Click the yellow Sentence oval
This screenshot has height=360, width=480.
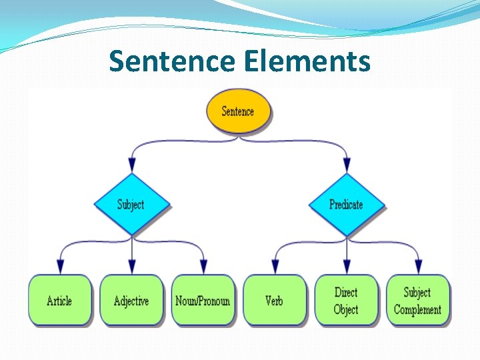pos(238,111)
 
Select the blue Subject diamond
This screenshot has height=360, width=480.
pos(131,204)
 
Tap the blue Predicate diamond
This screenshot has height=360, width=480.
pos(346,204)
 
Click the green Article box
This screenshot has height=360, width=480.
pos(59,301)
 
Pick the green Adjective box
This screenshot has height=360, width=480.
pos(131,301)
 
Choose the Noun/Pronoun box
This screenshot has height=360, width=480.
pos(203,301)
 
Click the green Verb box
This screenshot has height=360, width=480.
pos(274,301)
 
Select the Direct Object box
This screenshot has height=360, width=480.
pos(346,301)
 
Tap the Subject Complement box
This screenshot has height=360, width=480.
pos(417,301)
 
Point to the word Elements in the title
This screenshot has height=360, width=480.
pos(307,61)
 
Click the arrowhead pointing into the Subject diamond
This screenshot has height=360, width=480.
pos(131,165)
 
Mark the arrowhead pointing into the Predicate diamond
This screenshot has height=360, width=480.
pos(346,165)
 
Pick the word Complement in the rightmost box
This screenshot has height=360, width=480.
pos(417,309)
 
